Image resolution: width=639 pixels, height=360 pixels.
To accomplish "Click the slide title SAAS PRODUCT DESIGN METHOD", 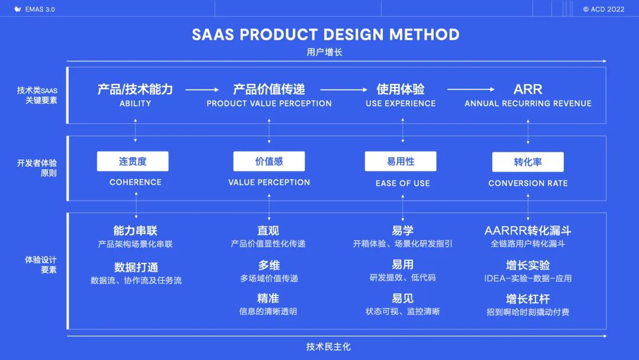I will tap(325, 34).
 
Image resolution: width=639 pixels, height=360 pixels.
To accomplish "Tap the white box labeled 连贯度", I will tap(133, 161).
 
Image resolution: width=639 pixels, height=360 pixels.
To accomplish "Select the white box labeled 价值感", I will tap(269, 161).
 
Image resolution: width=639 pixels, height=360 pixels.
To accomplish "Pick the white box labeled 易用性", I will tap(401, 161).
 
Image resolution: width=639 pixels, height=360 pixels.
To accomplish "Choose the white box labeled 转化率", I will tap(528, 162).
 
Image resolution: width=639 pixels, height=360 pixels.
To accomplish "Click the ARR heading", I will tap(528, 89).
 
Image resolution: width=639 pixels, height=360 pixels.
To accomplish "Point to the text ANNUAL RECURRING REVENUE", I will tap(528, 104).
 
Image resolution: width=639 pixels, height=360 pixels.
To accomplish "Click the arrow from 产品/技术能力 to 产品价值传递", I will tap(202, 90).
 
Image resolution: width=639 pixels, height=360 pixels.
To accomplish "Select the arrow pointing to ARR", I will tap(470, 90).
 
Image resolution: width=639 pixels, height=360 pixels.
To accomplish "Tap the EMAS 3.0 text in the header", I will tap(39, 9).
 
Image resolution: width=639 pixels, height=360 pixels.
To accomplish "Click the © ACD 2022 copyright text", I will tap(603, 9).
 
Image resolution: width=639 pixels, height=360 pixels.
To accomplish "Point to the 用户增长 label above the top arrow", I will tap(324, 52).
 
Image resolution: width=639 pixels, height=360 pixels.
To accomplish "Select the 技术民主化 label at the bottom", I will tap(328, 346).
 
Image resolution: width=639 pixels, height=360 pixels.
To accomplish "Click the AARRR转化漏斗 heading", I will tap(528, 230).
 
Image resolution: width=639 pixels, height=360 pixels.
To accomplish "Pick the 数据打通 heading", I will tap(136, 267).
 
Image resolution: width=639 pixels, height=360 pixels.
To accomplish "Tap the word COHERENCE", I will tap(135, 182).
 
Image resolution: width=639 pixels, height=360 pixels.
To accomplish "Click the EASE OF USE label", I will tap(402, 184).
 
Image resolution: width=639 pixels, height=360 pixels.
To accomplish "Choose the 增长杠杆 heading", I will tap(528, 298).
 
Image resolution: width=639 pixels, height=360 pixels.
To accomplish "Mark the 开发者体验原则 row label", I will tap(37, 168).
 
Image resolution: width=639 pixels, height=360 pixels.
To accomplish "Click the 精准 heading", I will tap(268, 298).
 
